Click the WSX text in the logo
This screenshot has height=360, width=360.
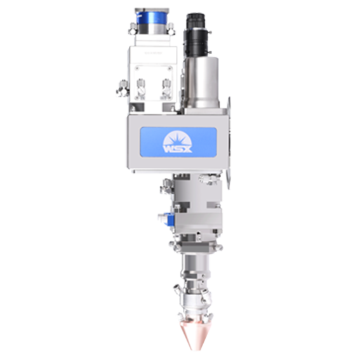tap(178, 149)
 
